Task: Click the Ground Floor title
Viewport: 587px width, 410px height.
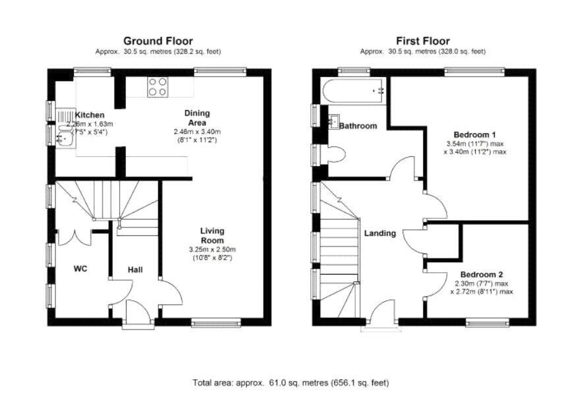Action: (x=158, y=41)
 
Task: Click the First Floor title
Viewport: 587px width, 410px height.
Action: (x=423, y=41)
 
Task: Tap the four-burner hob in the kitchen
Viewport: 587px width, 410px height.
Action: (x=157, y=87)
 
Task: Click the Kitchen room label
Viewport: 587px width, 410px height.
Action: (x=90, y=115)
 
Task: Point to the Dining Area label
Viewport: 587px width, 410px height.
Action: (x=197, y=118)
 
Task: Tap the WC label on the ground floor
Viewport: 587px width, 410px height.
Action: (x=80, y=268)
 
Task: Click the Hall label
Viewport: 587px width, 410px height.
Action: (x=135, y=270)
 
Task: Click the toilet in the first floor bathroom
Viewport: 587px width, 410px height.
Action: (x=336, y=155)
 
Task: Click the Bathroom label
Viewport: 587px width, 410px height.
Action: (x=358, y=126)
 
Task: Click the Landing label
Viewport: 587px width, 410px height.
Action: (x=380, y=233)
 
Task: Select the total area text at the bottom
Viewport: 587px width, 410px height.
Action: (x=291, y=383)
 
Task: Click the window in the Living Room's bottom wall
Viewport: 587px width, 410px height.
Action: (x=215, y=322)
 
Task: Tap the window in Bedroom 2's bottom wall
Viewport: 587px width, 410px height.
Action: (x=487, y=322)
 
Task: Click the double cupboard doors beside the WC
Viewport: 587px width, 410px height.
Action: (x=74, y=237)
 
